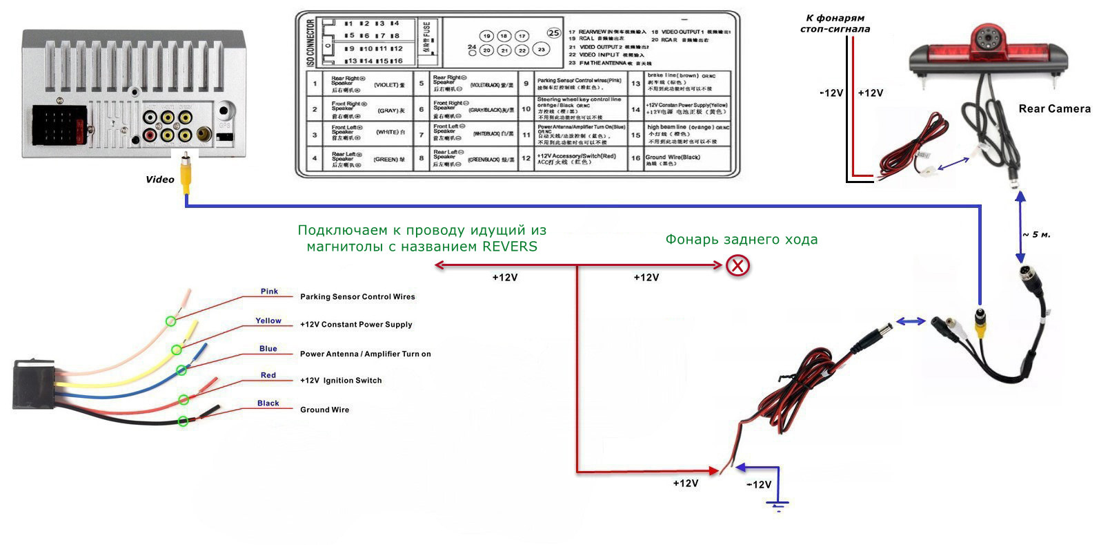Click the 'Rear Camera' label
point(1054,108)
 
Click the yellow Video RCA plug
point(186,175)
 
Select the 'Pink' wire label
point(269,291)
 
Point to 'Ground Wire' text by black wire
point(324,410)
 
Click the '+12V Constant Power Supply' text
point(356,325)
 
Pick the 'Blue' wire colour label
point(268,349)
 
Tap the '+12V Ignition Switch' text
point(341,381)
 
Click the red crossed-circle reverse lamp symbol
point(738,265)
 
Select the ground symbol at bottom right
point(778,506)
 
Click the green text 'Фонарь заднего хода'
point(741,240)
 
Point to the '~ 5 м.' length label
point(1036,235)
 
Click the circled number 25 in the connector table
point(553,32)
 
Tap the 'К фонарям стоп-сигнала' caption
point(835,23)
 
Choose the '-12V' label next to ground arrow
point(759,485)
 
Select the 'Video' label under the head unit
point(160,180)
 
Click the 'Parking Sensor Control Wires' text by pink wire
point(357,297)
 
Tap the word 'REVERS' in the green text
point(510,247)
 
